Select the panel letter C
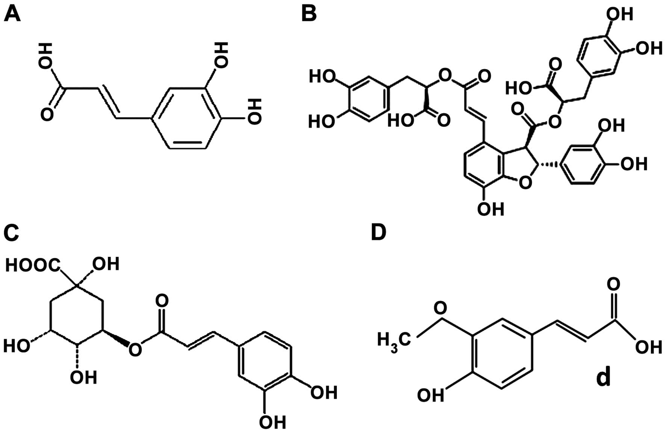click(x=11, y=234)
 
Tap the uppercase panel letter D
click(x=378, y=233)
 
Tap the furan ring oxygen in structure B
click(x=525, y=183)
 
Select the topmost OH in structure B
click(x=620, y=14)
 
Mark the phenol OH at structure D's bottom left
click(x=431, y=395)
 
